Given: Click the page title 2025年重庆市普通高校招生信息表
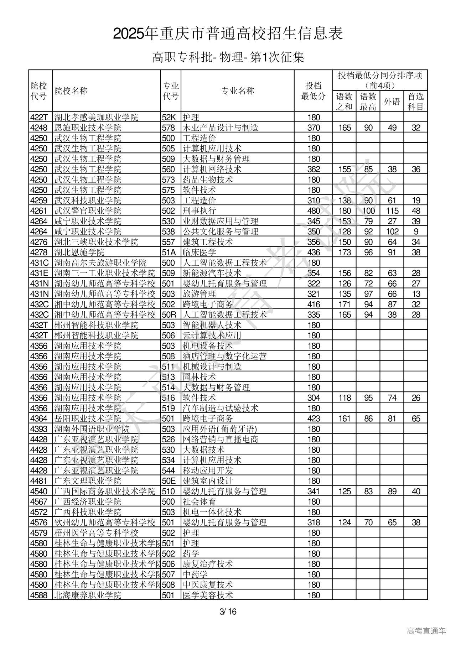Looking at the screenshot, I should click(228, 33).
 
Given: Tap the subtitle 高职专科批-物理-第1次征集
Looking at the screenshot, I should click(228, 57).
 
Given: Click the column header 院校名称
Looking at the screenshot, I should click(71, 91).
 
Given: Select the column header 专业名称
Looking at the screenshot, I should click(238, 91).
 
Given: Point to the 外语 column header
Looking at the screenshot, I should click(392, 102).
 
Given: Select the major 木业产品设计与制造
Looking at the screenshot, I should click(221, 128).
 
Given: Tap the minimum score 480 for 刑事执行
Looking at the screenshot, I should click(313, 211).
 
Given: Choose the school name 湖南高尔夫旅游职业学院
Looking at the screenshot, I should click(100, 263).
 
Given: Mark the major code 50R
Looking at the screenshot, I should click(169, 315).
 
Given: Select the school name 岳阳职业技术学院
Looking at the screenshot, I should click(88, 418).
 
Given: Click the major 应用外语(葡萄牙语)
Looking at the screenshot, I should click(220, 429).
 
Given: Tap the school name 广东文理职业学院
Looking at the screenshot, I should click(88, 481).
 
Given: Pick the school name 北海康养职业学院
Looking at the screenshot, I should click(88, 595).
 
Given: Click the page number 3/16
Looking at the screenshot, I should click(228, 612).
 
